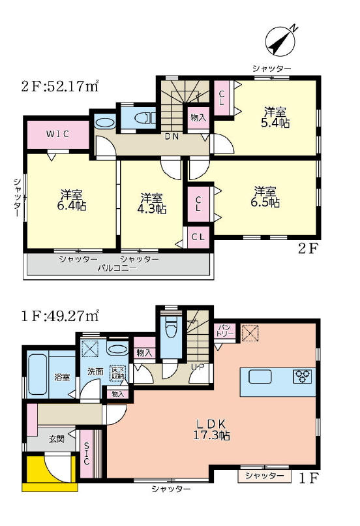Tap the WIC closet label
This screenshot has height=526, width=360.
(57, 134)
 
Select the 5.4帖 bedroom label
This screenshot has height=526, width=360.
(275, 117)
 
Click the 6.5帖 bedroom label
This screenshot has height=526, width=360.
(265, 197)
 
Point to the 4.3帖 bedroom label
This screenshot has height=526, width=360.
(152, 204)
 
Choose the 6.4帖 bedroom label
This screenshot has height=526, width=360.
(71, 200)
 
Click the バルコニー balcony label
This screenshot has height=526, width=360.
(117, 268)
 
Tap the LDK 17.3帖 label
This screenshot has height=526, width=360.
(211, 429)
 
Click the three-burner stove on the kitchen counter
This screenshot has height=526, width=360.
(303, 377)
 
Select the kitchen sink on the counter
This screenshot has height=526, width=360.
(260, 377)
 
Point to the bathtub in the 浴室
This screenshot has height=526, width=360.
(38, 374)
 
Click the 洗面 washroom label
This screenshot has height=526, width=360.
(95, 371)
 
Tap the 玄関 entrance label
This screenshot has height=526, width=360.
(56, 439)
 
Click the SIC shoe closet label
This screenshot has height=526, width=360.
(87, 454)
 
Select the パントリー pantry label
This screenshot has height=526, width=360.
(225, 330)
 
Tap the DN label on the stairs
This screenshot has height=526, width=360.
(172, 136)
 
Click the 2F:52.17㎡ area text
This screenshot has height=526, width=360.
(59, 86)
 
